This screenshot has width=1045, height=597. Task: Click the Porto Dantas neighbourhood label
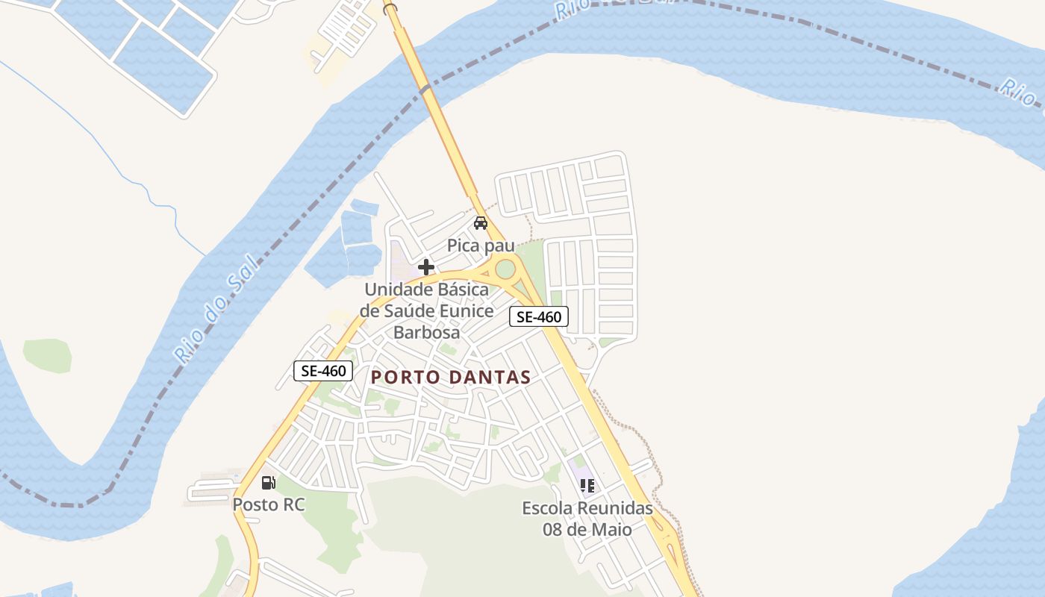pos(451,378)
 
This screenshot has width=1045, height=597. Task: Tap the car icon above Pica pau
pos(481,223)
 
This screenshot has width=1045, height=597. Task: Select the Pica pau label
pos(481,246)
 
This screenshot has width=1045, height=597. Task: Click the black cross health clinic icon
pos(425,267)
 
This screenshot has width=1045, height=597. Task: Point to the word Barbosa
pos(426,332)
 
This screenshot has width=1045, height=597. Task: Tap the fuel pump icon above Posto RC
pos(268,483)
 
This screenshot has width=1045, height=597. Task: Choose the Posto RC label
pos(269,504)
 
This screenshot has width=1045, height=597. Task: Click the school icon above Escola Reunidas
pos(587,486)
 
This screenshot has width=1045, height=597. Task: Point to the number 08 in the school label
pos(553,530)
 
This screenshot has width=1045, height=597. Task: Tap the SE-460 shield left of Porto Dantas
pos(322,371)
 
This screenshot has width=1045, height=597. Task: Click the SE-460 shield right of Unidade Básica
pos(539,316)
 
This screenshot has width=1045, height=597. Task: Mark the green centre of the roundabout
pos(505,269)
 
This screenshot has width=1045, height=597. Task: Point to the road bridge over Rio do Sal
pos(425,90)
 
